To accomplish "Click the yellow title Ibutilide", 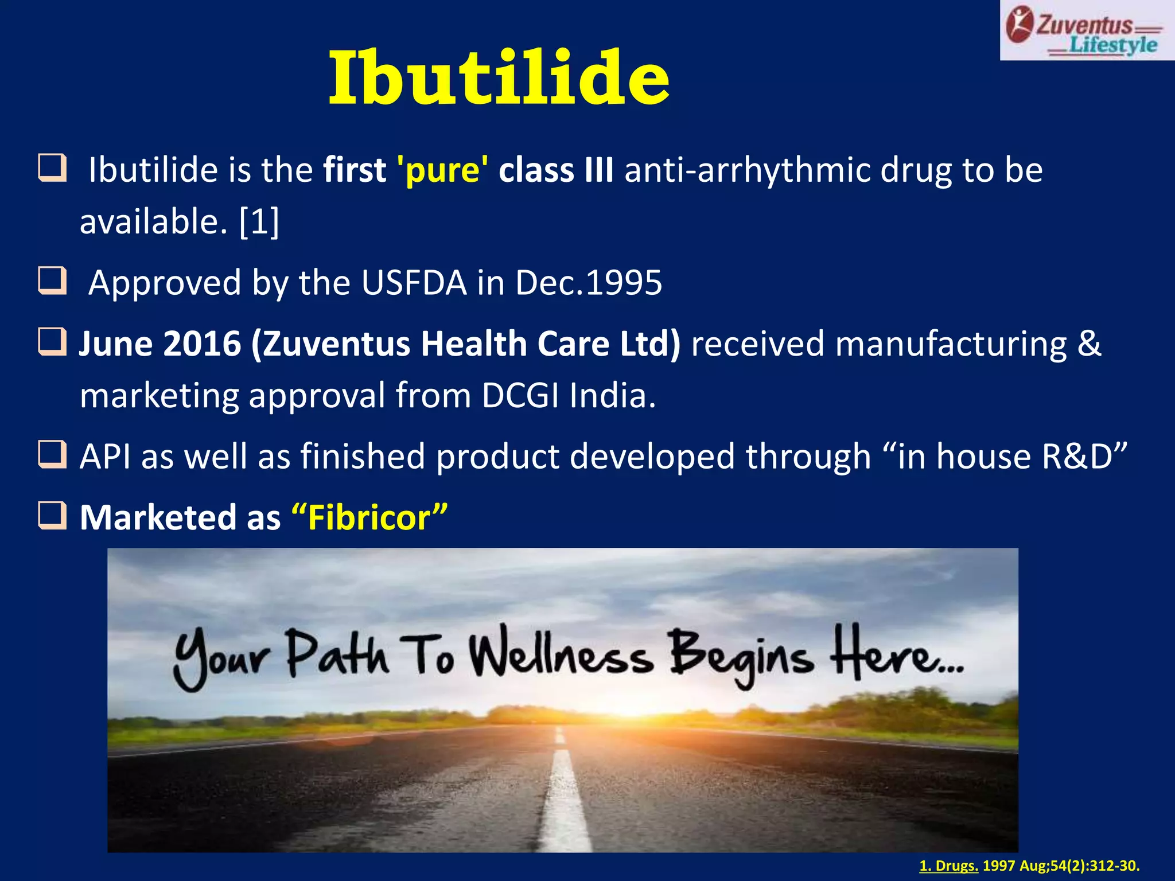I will pyautogui.click(x=499, y=79).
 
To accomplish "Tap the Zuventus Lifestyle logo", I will pyautogui.click(x=1086, y=32).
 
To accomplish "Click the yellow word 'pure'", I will pyautogui.click(x=442, y=170).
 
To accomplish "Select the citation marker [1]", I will pyautogui.click(x=259, y=221).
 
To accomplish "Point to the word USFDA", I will pyautogui.click(x=414, y=283).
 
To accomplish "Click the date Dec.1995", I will pyautogui.click(x=589, y=283).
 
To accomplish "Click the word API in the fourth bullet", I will pyautogui.click(x=105, y=457).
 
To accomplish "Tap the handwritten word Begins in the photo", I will pyautogui.click(x=741, y=656).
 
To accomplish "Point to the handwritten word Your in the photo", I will pyautogui.click(x=221, y=658).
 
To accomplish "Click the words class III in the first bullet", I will pyautogui.click(x=555, y=170).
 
